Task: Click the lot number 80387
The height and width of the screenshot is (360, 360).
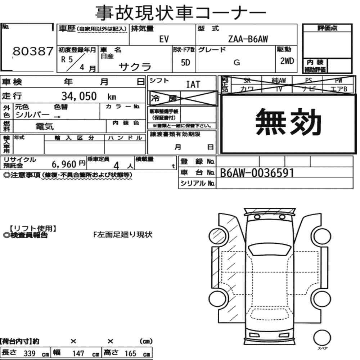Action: point(33,51)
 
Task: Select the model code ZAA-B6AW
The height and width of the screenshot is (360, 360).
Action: point(248,39)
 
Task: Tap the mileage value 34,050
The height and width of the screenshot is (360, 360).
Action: point(79,96)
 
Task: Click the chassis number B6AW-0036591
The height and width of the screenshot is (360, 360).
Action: point(257,173)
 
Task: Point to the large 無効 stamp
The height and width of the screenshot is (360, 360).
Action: point(288,122)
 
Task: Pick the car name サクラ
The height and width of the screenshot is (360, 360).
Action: point(135,67)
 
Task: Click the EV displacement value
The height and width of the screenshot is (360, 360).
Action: point(164,39)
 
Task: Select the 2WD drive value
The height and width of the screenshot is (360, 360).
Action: point(287,61)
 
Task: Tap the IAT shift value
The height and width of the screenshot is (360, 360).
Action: point(193,85)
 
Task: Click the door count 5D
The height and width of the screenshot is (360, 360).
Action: point(185,62)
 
